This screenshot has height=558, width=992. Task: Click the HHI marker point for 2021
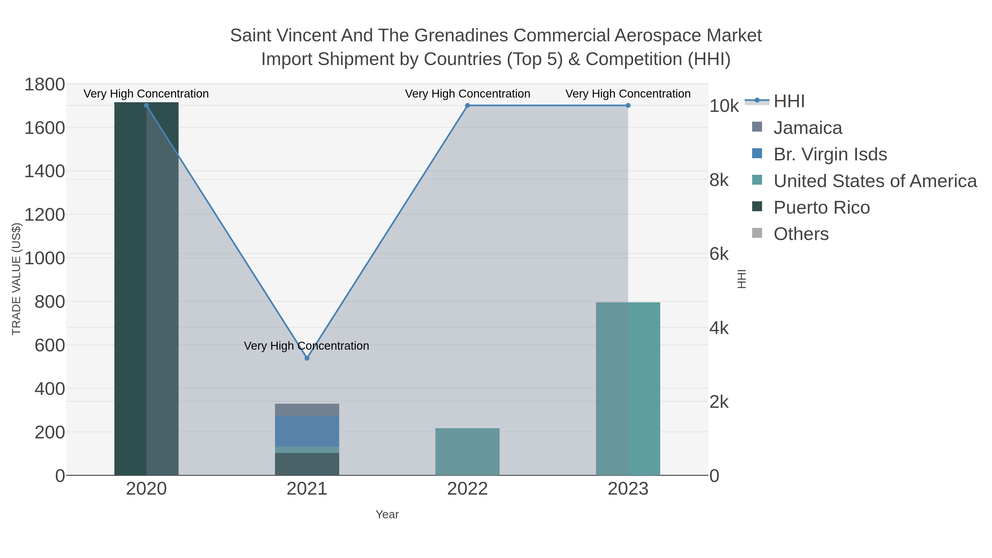[307, 358]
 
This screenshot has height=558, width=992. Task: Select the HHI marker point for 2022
[468, 106]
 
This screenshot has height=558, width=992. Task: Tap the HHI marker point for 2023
[628, 106]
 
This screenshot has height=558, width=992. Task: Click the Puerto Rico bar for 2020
[146, 289]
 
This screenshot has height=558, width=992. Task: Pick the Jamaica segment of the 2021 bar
[307, 410]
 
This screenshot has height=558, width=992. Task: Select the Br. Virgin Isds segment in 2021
[307, 431]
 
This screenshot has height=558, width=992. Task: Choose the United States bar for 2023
[628, 389]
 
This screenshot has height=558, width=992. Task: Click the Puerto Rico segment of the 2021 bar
[307, 464]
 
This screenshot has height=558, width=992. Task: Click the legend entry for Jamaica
[808, 128]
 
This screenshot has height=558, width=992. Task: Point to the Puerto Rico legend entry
[821, 207]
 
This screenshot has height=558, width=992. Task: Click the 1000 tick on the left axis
[45, 258]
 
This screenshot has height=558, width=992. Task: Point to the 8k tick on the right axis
[719, 180]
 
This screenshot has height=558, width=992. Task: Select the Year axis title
[387, 514]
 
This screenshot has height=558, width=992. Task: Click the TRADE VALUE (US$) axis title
[16, 279]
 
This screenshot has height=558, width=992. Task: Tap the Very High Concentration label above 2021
[306, 346]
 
